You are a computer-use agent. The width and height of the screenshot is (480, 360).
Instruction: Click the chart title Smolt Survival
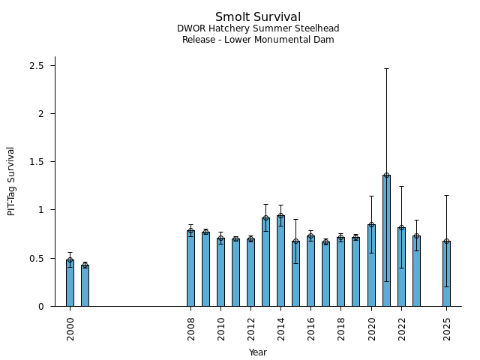[258, 17]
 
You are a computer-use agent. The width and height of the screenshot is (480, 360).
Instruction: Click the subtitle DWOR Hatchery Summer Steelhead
[258, 28]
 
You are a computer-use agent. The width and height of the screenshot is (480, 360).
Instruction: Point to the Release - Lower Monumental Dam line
[258, 40]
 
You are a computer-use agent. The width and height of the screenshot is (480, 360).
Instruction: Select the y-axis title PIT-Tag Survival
[11, 181]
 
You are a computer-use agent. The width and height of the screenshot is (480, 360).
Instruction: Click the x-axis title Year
[258, 352]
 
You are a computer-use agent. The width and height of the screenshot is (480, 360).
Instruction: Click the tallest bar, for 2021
[386, 241]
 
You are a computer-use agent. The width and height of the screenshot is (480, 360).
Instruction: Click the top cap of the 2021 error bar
[386, 68]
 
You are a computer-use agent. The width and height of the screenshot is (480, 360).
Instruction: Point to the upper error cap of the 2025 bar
[446, 195]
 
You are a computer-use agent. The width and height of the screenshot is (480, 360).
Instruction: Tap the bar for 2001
[85, 286]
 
